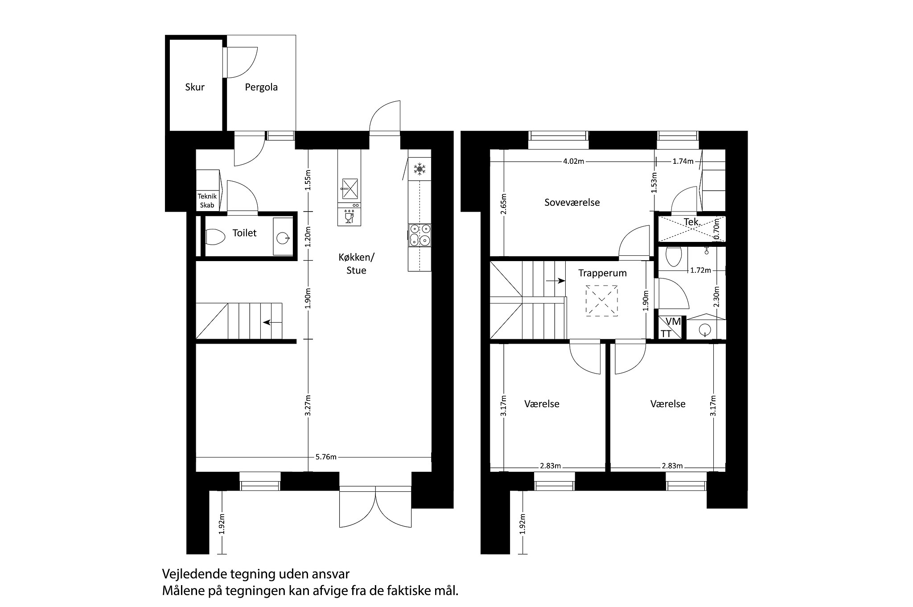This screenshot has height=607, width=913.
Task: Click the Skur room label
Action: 195,87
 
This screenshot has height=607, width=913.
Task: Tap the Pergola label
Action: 261,87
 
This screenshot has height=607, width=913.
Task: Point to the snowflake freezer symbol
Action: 419,169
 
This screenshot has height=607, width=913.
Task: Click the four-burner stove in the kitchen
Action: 419,235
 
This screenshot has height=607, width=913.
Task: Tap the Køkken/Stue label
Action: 357,264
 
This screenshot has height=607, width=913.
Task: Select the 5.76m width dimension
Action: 326,457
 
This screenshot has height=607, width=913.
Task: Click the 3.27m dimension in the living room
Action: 308,406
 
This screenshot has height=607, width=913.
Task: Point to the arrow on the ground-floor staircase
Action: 272,322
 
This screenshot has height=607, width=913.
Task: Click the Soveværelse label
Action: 572,203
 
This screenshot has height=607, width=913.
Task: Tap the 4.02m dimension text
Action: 573,162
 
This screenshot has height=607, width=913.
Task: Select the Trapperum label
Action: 603,273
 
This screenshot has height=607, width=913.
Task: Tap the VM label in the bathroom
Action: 673,321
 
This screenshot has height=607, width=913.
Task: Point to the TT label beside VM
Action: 666,334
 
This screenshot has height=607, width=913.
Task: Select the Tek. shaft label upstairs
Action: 692,221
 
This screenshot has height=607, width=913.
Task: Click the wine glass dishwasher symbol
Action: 349,218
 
